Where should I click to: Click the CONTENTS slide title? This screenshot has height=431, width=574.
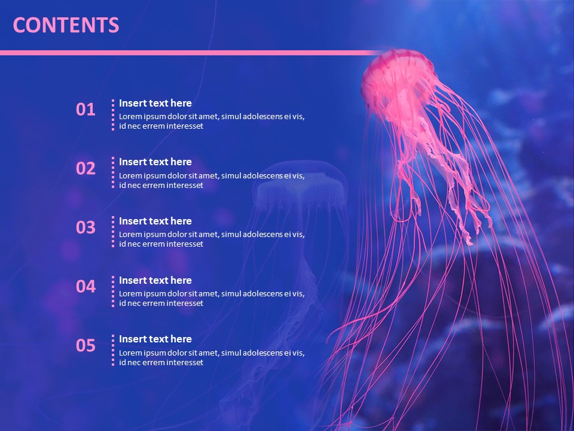point(66,25)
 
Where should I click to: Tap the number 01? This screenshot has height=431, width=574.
point(86,110)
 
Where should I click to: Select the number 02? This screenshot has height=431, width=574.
point(86,168)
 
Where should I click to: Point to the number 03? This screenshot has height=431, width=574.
point(86,227)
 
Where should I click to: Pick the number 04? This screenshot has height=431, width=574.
point(86,287)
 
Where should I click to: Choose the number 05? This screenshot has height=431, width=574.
point(86,345)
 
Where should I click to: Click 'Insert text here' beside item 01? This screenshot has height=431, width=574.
point(155,103)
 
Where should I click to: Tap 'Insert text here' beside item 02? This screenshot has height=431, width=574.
point(155,162)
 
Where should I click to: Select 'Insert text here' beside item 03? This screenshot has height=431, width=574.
point(155,221)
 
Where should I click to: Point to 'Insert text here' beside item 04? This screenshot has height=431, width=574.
point(155,280)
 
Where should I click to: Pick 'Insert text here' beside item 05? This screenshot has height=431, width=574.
point(155,339)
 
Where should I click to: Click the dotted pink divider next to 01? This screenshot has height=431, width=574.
point(112,114)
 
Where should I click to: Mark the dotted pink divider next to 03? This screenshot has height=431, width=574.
point(112,232)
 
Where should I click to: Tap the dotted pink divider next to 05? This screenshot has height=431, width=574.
point(112,350)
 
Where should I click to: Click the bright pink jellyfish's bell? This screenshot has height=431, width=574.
point(397,75)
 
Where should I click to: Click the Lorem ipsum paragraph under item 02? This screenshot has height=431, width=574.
point(212,180)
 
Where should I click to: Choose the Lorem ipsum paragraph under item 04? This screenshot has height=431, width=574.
point(212,298)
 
